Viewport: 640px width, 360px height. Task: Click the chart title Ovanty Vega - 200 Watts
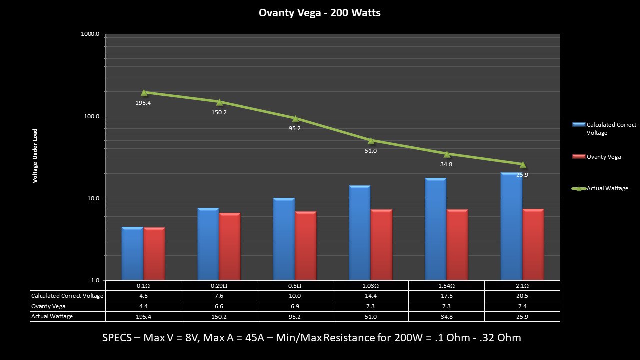pos(319,13)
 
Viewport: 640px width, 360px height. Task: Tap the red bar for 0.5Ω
pos(305,245)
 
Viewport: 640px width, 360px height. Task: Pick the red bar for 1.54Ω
pos(457,244)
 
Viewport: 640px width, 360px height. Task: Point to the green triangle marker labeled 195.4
pos(144,92)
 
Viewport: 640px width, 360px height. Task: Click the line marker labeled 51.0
pos(371,140)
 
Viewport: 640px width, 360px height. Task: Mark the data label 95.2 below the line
pos(295,128)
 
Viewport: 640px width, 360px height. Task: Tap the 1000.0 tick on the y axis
pos(90,34)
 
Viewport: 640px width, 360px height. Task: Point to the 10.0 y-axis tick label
pos(92,198)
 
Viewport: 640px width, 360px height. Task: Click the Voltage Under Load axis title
pos(35,156)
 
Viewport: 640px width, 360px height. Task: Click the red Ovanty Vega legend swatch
pos(578,157)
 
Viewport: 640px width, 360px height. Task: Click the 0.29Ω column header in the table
pos(219,285)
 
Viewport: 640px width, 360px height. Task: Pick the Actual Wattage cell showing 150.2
pos(219,316)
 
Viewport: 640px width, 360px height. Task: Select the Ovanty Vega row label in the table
pos(48,306)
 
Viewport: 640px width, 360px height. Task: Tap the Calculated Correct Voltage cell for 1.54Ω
pos(446,296)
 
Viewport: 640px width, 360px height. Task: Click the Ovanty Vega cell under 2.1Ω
pos(522,306)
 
